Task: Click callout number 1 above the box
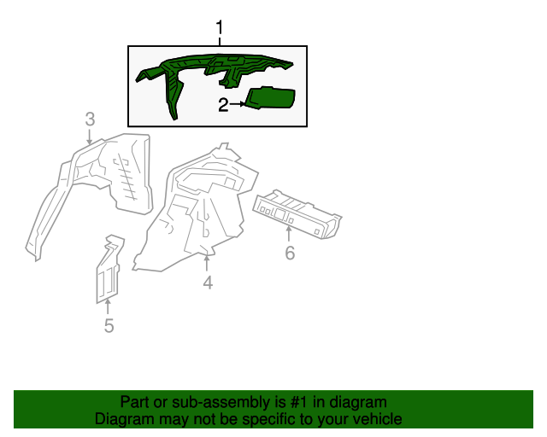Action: click(x=219, y=27)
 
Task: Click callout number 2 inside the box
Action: click(x=223, y=104)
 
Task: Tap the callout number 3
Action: click(x=90, y=119)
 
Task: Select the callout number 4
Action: click(x=208, y=283)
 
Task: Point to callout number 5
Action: click(x=109, y=325)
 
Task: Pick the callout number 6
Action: click(x=290, y=253)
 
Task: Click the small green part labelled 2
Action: click(x=271, y=97)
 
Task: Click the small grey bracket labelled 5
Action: click(x=109, y=268)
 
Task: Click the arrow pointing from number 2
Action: click(x=238, y=104)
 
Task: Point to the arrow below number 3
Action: click(x=90, y=137)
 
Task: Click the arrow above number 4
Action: click(x=207, y=263)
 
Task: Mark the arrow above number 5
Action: click(x=108, y=306)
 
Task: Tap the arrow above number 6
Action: click(x=289, y=234)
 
